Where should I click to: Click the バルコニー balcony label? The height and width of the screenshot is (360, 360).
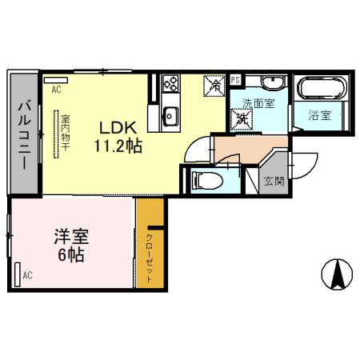coord(24,132)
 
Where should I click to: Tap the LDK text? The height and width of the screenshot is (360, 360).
coord(121,127)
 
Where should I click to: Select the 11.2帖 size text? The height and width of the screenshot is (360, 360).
coord(120,146)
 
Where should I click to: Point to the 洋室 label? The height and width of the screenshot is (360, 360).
coord(70,238)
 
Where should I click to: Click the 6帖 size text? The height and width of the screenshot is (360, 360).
coord(70,257)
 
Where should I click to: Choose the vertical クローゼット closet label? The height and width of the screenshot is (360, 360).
coord(150,256)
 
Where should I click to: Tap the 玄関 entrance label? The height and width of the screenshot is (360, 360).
coord(274,181)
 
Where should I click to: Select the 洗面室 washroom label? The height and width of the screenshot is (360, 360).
coord(259,103)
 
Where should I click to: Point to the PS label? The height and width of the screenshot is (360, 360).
coord(235,80)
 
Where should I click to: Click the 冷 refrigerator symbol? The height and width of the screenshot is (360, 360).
coord(214,84)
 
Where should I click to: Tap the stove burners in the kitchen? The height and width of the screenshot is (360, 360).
coord(170,82)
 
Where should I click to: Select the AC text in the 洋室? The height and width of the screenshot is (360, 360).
coord(27,276)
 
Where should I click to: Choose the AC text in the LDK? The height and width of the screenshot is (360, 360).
coord(56,90)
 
